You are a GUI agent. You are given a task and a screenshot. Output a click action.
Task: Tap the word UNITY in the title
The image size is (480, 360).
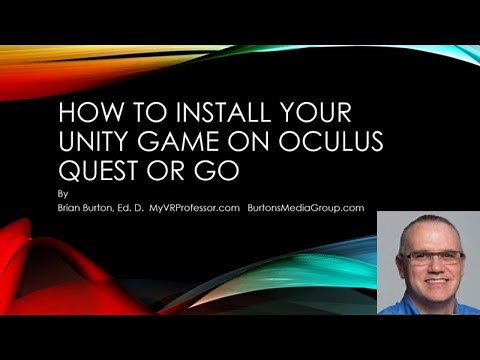point(89,140)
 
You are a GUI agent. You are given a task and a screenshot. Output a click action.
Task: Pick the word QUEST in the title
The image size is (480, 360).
point(93,171)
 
